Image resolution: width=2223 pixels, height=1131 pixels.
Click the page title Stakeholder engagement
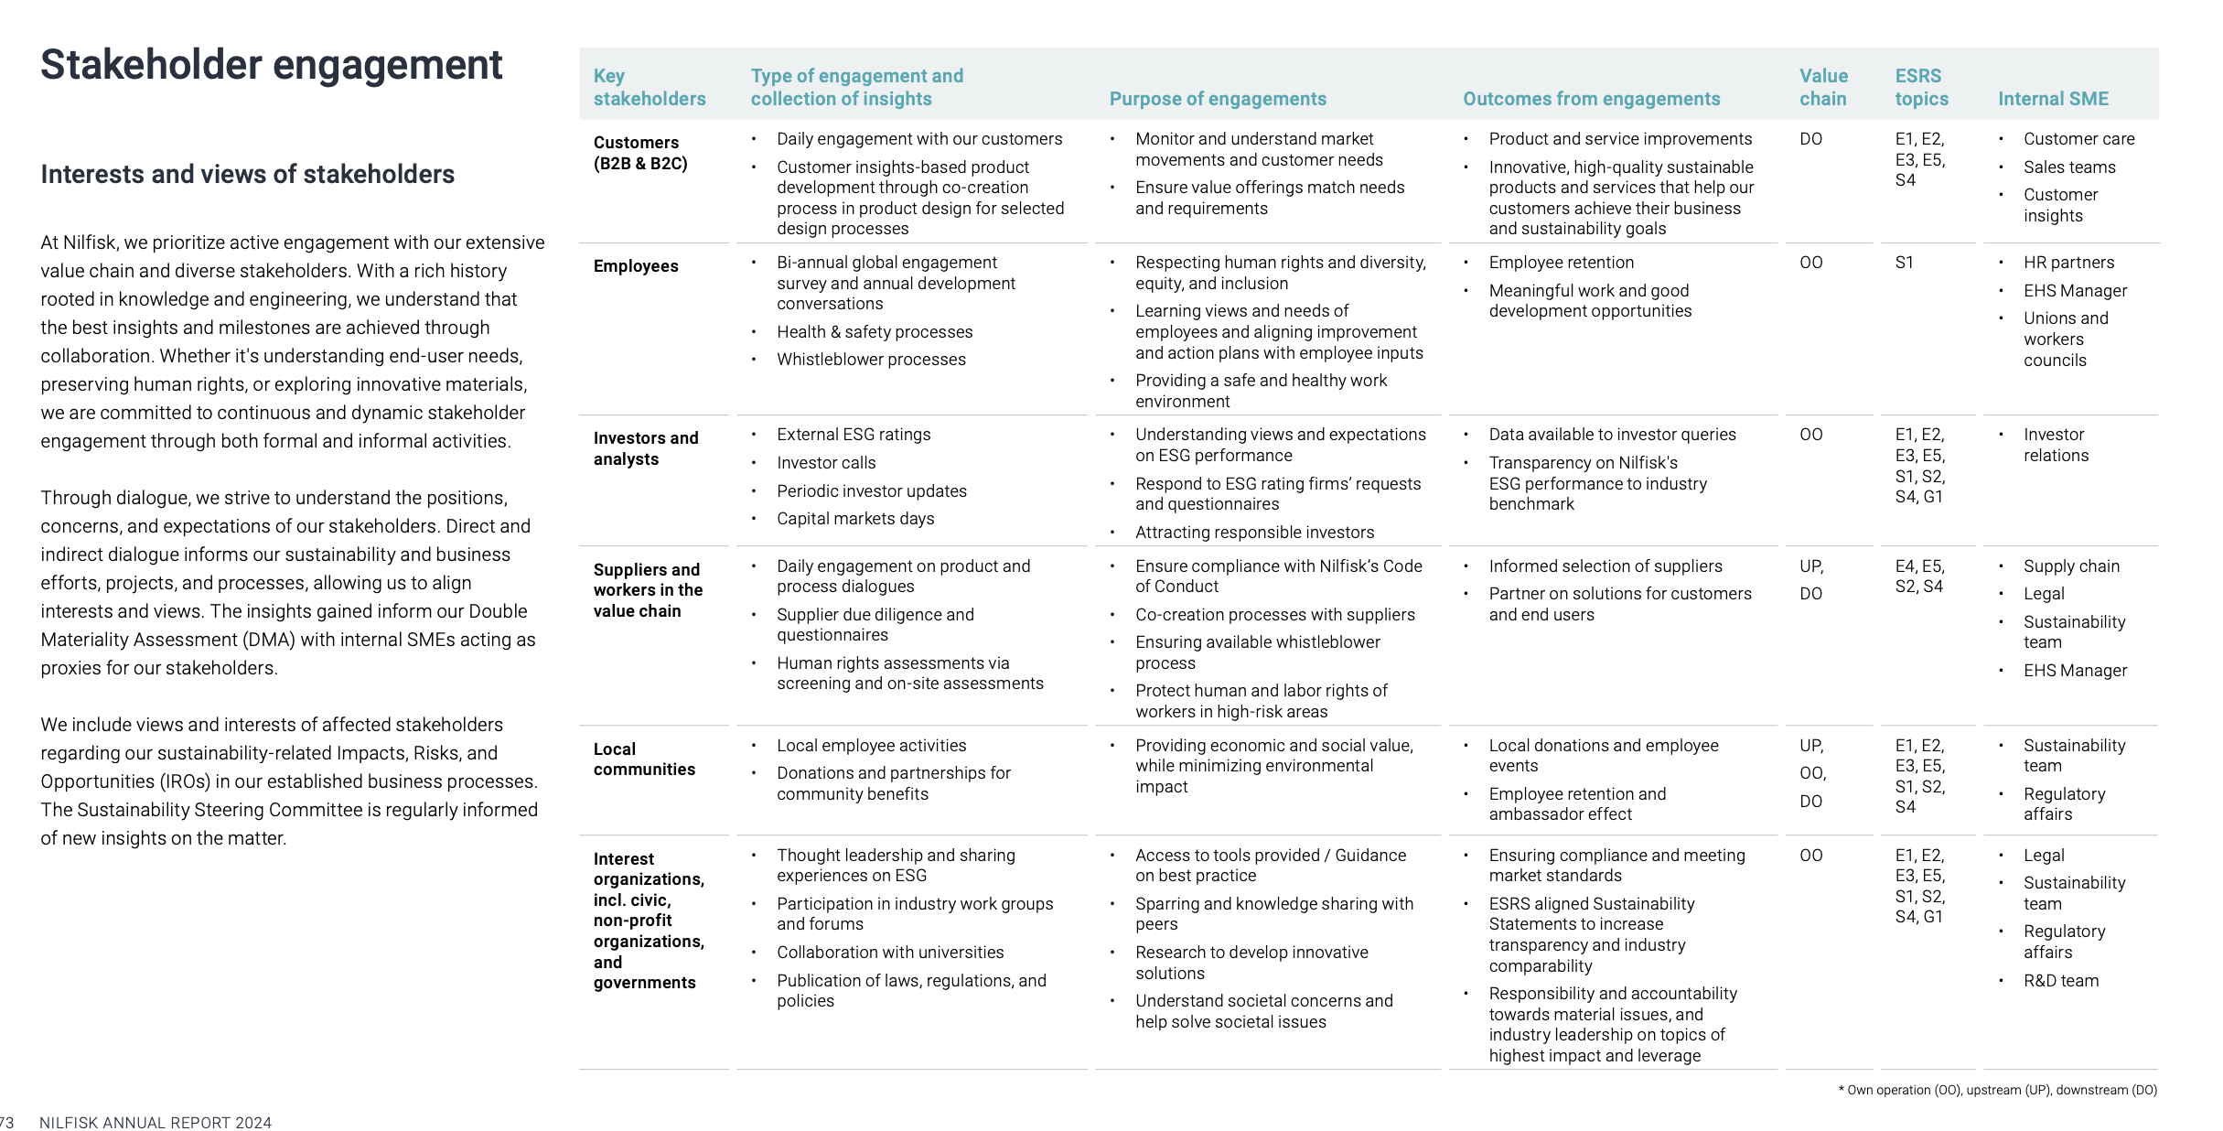[272, 66]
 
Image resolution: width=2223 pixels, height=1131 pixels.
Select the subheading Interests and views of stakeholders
[247, 174]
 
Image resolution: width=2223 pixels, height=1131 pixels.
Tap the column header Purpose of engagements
[1217, 99]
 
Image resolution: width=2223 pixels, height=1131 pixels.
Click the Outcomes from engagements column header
[1591, 99]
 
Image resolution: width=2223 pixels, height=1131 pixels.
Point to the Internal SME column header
[2053, 99]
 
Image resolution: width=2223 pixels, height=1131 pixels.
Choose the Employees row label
[636, 266]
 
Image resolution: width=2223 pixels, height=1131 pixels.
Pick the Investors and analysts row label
[645, 448]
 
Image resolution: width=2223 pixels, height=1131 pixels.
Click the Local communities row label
[644, 759]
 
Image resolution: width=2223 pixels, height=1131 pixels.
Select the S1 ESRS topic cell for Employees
[1905, 263]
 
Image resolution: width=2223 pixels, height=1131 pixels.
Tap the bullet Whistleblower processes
[871, 360]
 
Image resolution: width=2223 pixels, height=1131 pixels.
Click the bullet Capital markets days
[855, 519]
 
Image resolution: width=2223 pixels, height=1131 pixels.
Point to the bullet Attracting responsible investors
[1254, 533]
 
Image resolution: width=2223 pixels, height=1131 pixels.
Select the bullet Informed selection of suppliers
[1605, 566]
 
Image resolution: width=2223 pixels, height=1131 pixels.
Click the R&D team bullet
[2060, 981]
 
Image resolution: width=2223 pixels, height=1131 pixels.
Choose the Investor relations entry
[2056, 445]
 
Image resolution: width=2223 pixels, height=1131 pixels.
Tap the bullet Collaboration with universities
[890, 953]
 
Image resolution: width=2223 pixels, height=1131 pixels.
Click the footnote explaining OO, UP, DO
[1997, 1090]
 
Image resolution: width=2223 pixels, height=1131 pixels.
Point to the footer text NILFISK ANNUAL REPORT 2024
[156, 1123]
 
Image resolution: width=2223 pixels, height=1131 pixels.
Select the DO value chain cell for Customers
[1810, 139]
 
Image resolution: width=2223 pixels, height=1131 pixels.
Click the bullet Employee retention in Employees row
[1561, 263]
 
